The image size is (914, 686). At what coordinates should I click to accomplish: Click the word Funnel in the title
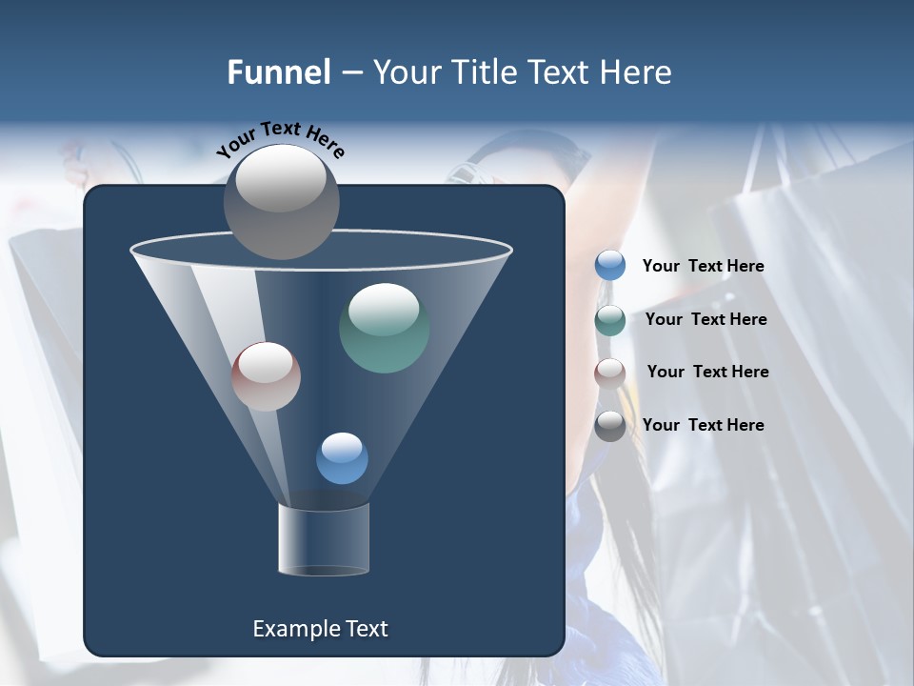pos(279,72)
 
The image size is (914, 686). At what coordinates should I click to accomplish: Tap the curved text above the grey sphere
pos(281,138)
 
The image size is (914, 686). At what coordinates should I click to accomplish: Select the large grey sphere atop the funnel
pos(282,201)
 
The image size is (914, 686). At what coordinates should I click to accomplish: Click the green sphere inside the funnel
pos(384,328)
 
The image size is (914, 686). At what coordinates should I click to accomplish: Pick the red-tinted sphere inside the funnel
pos(266,376)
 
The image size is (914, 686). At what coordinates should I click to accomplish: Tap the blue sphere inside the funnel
pos(342,458)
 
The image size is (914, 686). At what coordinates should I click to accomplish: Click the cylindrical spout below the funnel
pos(324,539)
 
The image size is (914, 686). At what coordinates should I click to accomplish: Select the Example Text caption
pos(321,629)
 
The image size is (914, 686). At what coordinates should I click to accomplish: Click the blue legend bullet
pos(610,266)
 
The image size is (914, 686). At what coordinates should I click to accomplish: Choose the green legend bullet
pos(610,320)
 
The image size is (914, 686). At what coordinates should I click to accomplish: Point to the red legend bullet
pos(610,373)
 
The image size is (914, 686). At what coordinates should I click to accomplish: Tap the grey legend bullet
pos(610,426)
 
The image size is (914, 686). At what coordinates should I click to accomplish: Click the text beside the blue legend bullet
pos(704,266)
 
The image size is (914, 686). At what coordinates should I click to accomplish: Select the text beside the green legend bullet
pos(705,319)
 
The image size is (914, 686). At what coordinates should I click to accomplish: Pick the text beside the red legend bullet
pos(707,372)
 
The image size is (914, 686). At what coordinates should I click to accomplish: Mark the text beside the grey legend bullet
pos(704,425)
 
